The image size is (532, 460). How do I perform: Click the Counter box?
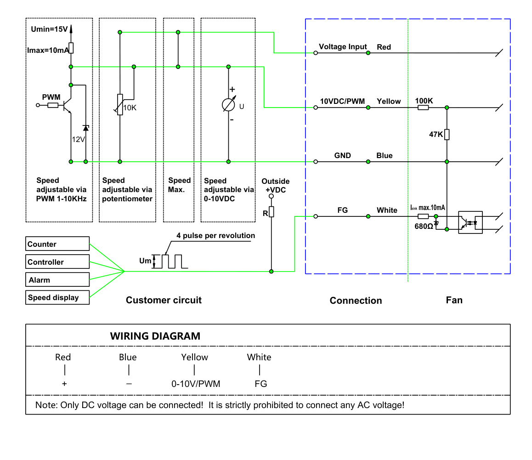coord(57,244)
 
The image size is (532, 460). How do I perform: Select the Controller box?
coord(57,262)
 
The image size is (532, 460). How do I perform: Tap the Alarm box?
coord(57,280)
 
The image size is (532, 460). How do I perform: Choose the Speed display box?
coord(57,297)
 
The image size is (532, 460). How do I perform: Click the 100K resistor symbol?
coord(423,108)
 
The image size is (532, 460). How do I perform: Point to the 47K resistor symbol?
coord(447,135)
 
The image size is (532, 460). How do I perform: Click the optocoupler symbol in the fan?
coord(470,222)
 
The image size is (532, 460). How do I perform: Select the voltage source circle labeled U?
coord(228,105)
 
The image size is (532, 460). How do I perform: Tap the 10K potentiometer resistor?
coord(120,105)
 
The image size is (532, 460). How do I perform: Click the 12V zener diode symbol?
coord(86,128)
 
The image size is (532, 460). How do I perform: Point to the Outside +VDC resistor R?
coord(271,212)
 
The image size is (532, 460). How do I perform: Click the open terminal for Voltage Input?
coord(316,53)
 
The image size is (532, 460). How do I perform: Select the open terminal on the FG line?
coord(316,216)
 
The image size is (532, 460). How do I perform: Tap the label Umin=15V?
coord(50,29)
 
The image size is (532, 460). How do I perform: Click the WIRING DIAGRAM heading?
coord(155,336)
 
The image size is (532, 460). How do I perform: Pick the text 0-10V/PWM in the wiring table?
coord(196,384)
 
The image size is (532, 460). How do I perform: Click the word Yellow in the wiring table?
coord(194,357)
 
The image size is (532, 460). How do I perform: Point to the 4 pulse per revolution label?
coord(216,236)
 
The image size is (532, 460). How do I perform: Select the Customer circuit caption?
coord(164,300)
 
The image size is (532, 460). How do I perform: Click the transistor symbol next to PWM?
coord(67,105)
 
